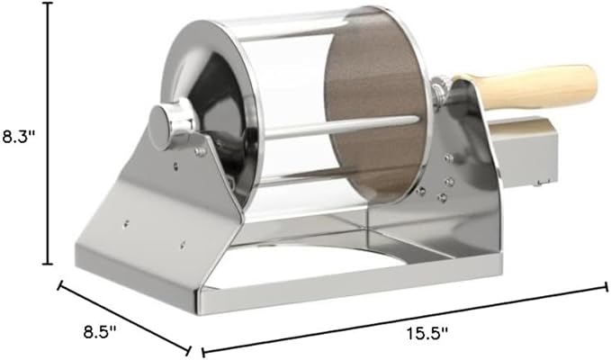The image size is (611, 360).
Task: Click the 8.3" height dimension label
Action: [19, 137]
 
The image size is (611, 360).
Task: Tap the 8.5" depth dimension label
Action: [100, 332]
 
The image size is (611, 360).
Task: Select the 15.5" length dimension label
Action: [427, 334]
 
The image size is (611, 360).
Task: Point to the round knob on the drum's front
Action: [164, 127]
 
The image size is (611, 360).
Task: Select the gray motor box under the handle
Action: [522, 152]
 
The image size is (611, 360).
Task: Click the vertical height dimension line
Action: [48, 133]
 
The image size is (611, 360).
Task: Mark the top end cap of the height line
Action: [48, 3]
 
